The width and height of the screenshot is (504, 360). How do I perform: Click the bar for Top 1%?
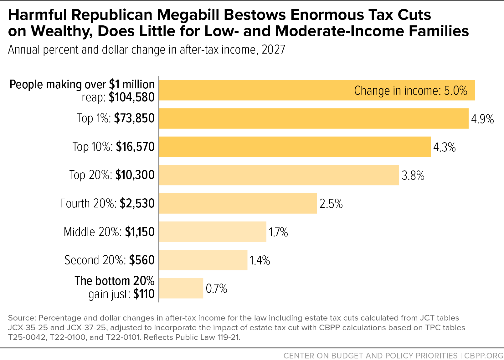[x=314, y=118]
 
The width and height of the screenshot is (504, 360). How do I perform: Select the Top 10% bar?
[x=295, y=147]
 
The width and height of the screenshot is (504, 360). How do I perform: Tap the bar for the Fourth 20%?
[x=238, y=203]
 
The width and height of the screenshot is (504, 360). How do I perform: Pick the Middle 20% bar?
[x=213, y=232]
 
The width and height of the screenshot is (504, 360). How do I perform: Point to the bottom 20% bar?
[x=181, y=288]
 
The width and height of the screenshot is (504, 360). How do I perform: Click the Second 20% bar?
[x=203, y=260]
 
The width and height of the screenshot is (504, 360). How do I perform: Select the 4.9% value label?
[x=482, y=119]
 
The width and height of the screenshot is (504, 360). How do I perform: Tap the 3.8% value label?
[x=413, y=175]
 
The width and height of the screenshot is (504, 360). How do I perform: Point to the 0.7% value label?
[x=216, y=288]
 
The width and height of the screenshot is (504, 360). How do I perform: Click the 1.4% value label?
[x=260, y=260]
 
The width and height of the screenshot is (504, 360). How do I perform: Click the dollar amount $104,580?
[x=132, y=97]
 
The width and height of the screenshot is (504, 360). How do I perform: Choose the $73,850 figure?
[x=134, y=118]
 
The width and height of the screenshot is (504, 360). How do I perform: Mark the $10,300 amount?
[x=135, y=175]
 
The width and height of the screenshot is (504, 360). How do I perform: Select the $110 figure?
[x=144, y=294]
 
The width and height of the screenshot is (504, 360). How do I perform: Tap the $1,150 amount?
[x=140, y=232]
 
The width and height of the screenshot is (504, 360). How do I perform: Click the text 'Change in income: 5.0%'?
[x=411, y=91]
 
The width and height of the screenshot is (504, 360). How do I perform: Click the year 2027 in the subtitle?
[x=273, y=50]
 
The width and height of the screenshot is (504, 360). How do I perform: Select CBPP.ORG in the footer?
[x=484, y=356]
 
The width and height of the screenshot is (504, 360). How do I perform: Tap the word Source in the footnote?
[x=22, y=318]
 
